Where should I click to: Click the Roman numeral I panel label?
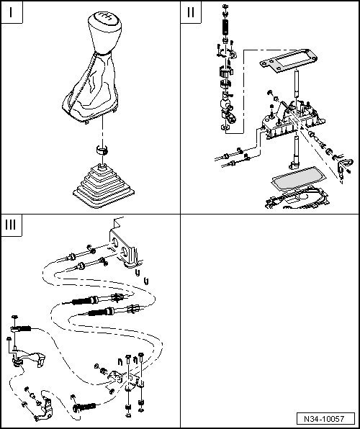coord(12,14)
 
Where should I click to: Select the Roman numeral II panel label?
coord(191,14)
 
